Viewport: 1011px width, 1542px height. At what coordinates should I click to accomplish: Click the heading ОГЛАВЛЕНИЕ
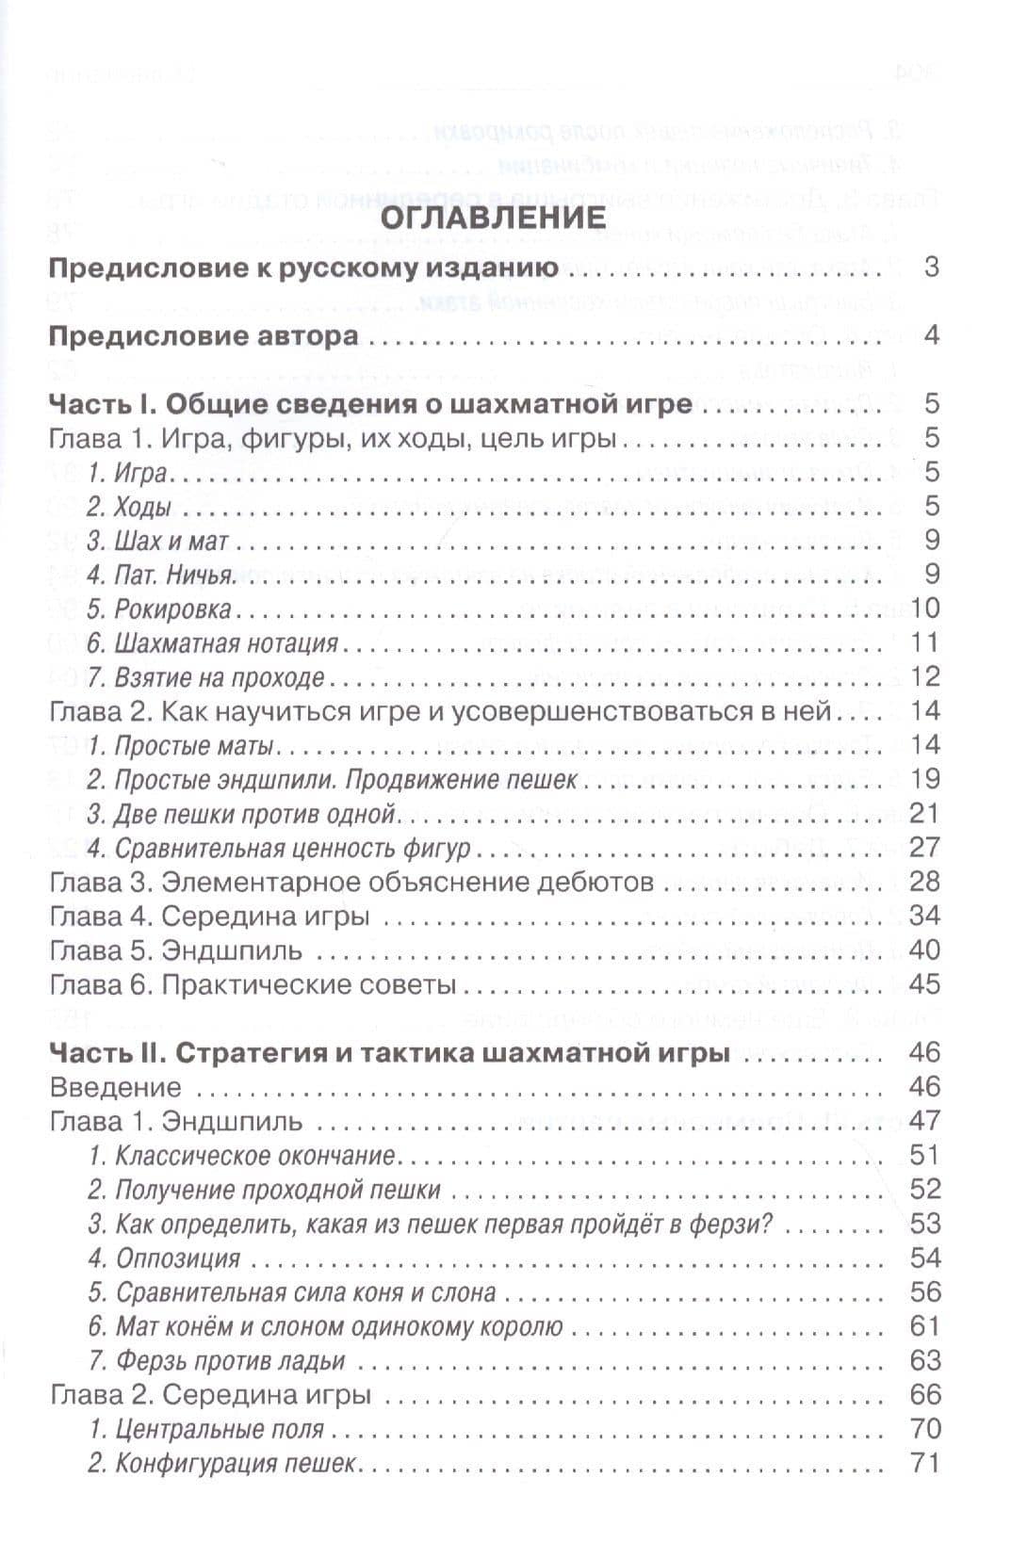click(x=504, y=216)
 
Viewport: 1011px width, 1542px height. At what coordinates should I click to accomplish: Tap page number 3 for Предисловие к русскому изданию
click(x=931, y=268)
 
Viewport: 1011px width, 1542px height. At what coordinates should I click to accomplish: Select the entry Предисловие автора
click(x=203, y=336)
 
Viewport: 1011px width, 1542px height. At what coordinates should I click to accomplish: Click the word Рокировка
click(x=172, y=609)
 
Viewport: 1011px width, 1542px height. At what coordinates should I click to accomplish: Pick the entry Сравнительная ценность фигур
click(x=278, y=848)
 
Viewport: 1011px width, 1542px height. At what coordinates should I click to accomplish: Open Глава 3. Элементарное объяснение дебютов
click(x=351, y=883)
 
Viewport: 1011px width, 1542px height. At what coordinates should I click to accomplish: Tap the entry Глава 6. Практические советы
click(x=253, y=984)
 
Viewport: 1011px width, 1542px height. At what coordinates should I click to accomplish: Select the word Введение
click(x=115, y=1087)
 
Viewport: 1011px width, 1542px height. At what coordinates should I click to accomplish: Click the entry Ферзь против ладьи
click(x=217, y=1361)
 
